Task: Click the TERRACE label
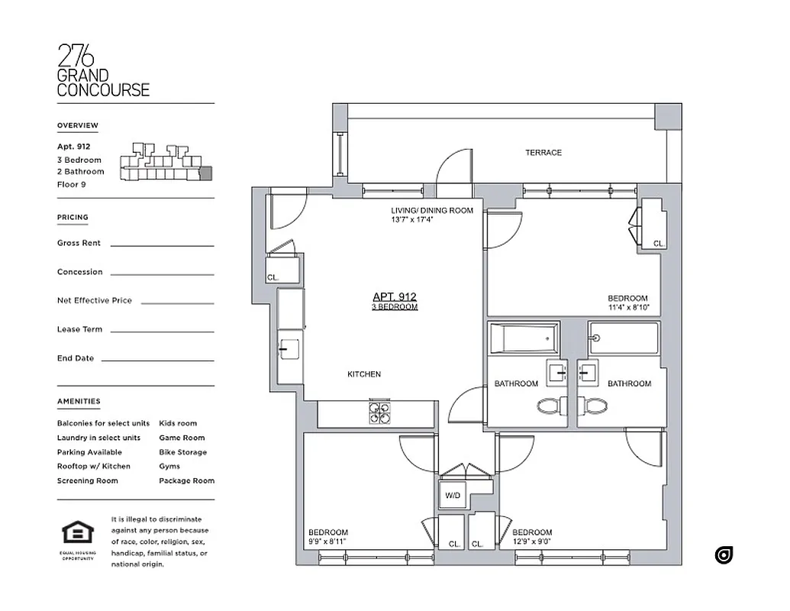[x=543, y=153]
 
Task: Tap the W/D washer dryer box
[x=452, y=496]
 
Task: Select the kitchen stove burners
[x=379, y=412]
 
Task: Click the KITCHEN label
[x=363, y=374]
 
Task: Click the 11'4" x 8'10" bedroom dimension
[x=627, y=309]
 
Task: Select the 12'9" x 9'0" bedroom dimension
[x=532, y=542]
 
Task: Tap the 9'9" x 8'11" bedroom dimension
[x=327, y=542]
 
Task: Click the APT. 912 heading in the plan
[x=394, y=297]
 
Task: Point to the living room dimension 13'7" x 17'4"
[x=412, y=220]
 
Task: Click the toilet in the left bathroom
[x=550, y=406]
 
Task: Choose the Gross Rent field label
[x=79, y=243]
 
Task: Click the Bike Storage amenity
[x=182, y=452]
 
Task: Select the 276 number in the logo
[x=76, y=57]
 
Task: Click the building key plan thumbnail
[x=163, y=162]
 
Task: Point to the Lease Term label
[x=79, y=329]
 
